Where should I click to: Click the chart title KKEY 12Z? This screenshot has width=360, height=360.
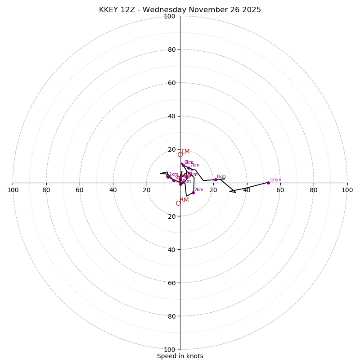click(180, 10)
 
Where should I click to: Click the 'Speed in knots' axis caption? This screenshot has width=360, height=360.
click(180, 356)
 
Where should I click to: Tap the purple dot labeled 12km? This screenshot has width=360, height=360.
click(268, 183)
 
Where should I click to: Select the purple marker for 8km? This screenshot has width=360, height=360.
click(216, 180)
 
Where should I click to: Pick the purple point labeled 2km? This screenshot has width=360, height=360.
click(193, 193)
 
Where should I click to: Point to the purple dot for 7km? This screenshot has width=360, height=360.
click(189, 168)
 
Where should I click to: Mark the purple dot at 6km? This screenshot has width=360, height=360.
click(183, 165)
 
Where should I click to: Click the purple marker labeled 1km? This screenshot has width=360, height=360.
click(168, 177)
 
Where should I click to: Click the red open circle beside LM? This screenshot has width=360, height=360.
click(180, 154)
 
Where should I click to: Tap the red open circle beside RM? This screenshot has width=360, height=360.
click(178, 203)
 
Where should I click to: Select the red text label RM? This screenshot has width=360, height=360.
click(184, 200)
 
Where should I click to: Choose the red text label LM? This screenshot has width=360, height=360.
click(185, 151)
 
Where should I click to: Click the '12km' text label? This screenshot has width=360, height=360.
click(275, 180)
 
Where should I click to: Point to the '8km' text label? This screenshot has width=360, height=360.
click(221, 177)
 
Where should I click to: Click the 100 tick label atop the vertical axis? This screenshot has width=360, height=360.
click(170, 16)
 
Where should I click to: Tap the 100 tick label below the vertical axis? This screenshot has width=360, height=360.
click(170, 350)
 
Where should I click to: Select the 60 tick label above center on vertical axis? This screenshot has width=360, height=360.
click(171, 83)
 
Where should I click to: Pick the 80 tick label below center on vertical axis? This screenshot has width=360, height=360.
click(171, 316)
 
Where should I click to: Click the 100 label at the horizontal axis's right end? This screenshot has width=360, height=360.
click(347, 190)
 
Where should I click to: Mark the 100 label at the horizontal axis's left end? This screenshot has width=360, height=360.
click(13, 190)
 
